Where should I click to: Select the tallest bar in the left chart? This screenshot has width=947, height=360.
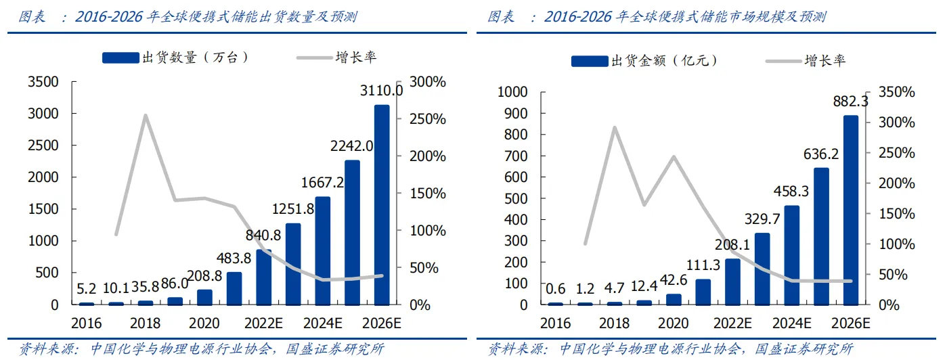tap(382, 204)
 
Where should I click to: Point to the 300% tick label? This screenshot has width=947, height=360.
tap(428, 82)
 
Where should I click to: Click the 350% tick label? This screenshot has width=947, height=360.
tap(900, 92)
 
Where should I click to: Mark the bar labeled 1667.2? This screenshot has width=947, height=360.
tap(323, 250)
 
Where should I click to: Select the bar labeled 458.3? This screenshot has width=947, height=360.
tap(792, 255)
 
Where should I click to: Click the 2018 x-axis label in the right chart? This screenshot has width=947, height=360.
tap(615, 323)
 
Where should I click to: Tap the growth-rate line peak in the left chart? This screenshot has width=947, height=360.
tap(145, 116)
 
